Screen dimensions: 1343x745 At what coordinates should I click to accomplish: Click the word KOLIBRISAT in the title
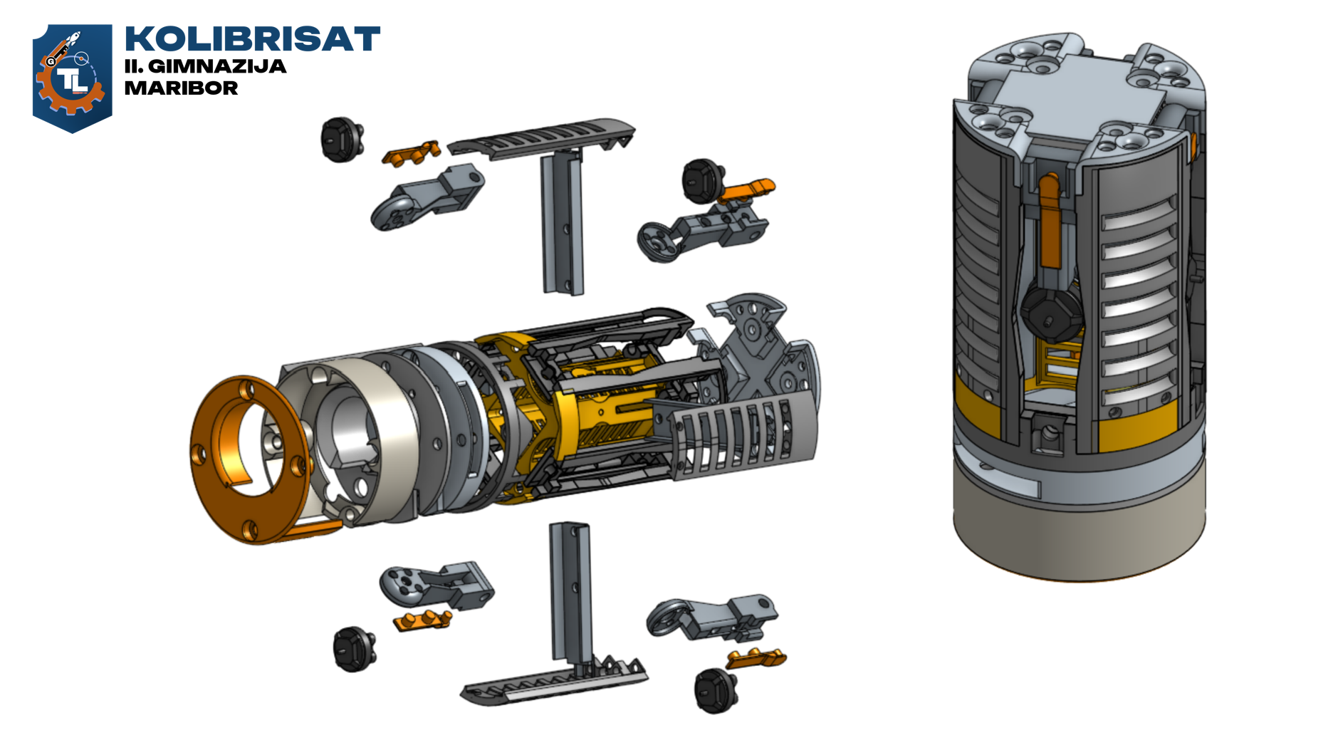252,40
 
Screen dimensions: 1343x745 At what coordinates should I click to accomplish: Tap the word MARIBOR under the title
181,88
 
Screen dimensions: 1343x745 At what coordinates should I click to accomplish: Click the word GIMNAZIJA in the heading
217,66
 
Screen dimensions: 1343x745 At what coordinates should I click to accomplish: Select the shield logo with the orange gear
72,78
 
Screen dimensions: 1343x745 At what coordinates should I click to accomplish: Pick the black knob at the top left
342,140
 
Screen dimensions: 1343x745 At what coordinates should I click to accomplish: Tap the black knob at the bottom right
715,690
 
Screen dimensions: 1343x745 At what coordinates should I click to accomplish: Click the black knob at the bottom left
354,649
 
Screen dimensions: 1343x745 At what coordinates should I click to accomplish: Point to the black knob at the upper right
704,180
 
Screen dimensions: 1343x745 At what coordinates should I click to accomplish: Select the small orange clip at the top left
411,153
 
